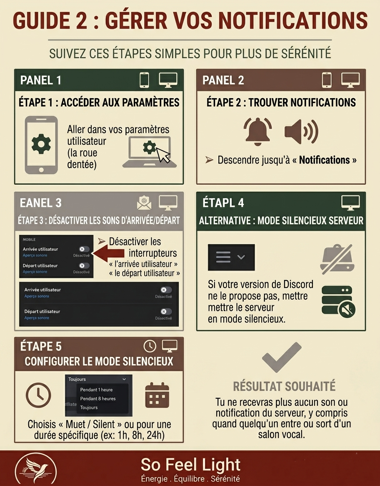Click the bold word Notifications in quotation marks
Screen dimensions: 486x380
(x=324, y=160)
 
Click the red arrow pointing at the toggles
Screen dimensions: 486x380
(x=110, y=253)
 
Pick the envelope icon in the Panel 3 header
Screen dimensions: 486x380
(x=144, y=203)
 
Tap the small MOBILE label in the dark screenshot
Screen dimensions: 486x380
(x=29, y=240)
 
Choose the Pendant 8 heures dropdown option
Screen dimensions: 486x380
(x=98, y=399)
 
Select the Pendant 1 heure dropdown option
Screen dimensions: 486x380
(x=96, y=390)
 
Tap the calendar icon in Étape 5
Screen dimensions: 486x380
(x=157, y=395)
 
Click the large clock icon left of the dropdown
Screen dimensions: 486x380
(x=38, y=395)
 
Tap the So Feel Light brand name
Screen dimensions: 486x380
(x=190, y=464)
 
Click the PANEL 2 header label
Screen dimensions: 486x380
(x=223, y=80)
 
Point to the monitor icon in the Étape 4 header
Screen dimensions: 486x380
(x=350, y=203)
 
